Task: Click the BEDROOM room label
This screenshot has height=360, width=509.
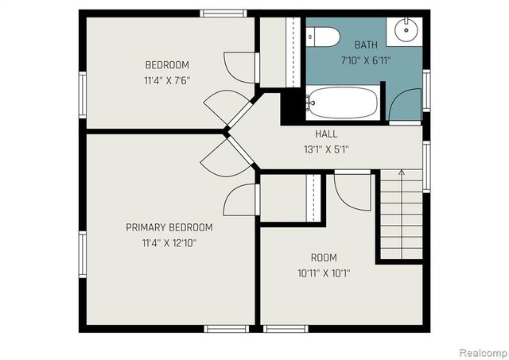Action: click(167, 64)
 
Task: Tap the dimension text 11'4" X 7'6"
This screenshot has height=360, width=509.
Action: click(167, 79)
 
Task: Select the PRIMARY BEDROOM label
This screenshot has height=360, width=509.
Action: click(169, 227)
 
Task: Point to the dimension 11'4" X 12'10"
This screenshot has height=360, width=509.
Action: click(169, 242)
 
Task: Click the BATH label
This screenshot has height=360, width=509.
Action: click(366, 46)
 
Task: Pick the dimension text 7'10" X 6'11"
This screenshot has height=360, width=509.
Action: click(366, 60)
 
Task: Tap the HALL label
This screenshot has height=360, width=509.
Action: click(326, 134)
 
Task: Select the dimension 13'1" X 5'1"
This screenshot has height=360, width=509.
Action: click(326, 149)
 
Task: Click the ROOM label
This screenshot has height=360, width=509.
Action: click(324, 257)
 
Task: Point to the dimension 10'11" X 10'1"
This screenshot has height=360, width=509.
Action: click(324, 273)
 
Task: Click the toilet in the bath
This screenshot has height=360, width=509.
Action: click(323, 36)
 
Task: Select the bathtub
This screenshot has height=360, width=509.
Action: click(343, 102)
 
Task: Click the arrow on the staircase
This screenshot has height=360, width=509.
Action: click(401, 172)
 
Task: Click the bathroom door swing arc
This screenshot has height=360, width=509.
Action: click(406, 104)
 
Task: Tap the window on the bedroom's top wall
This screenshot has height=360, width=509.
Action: click(223, 13)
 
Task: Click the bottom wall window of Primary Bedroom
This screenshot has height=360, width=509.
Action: click(227, 327)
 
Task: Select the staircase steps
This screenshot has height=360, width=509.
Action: click(401, 219)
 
